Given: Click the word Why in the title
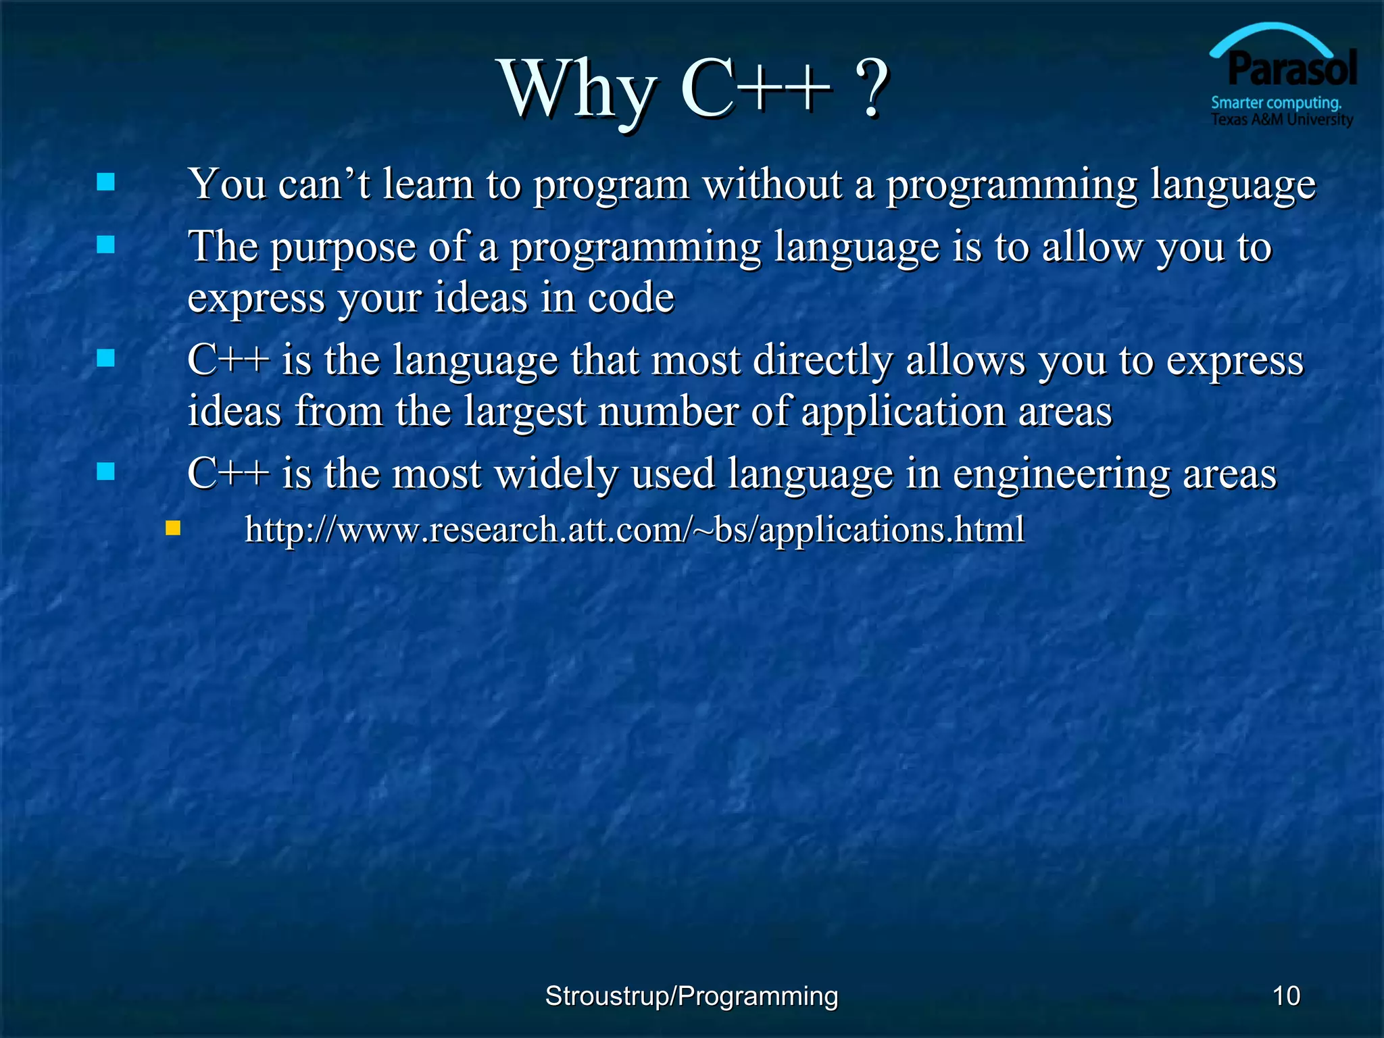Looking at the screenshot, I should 578,90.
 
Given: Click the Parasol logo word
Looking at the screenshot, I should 1292,70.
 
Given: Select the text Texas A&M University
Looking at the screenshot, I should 1281,120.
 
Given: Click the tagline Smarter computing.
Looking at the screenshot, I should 1276,103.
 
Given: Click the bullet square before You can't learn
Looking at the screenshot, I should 105,182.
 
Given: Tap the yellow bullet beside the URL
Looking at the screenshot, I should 173,528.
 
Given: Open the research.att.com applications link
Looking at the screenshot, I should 634,529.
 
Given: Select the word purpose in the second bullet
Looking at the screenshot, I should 343,247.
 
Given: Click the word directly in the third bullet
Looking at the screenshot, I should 822,360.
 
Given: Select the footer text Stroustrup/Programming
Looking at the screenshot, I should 691,995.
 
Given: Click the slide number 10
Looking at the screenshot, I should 1286,995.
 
